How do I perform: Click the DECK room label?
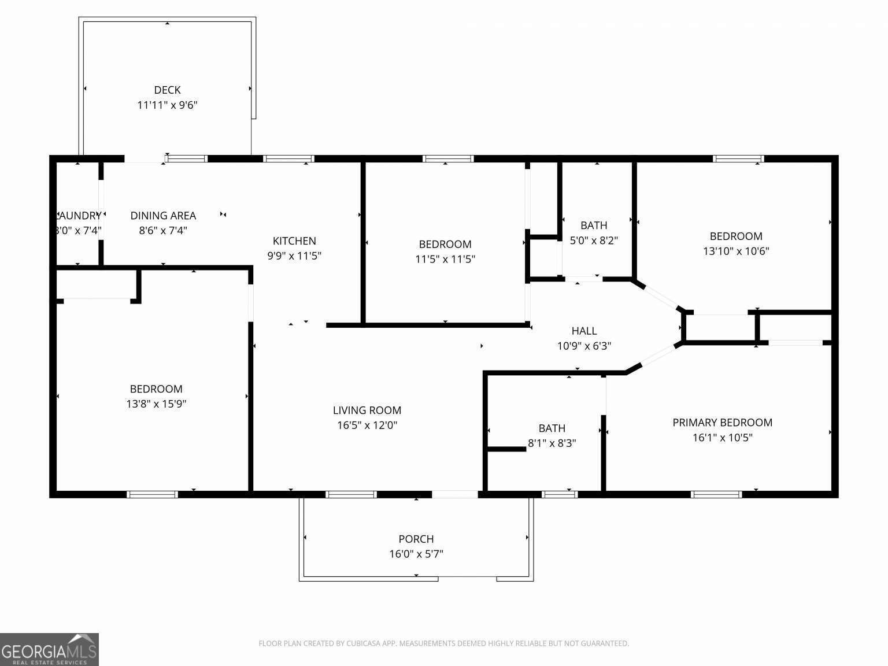(167, 90)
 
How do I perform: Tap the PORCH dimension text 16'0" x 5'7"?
(416, 554)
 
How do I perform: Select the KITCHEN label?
(294, 241)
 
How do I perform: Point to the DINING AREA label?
(163, 216)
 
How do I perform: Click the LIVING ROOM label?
(367, 410)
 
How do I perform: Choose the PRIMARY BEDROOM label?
(722, 423)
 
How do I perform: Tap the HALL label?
(584, 331)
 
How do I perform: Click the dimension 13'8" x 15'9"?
(156, 404)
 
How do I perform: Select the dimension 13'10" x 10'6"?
(736, 251)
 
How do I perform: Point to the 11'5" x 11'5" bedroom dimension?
(445, 259)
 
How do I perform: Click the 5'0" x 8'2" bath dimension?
(594, 240)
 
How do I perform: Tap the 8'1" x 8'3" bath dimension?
(552, 443)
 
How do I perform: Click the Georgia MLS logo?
(49, 649)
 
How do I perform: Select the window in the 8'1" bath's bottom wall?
(560, 494)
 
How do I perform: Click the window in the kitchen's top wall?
(288, 158)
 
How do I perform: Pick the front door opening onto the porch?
(455, 494)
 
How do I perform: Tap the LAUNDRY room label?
(79, 216)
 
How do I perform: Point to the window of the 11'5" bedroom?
(448, 158)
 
